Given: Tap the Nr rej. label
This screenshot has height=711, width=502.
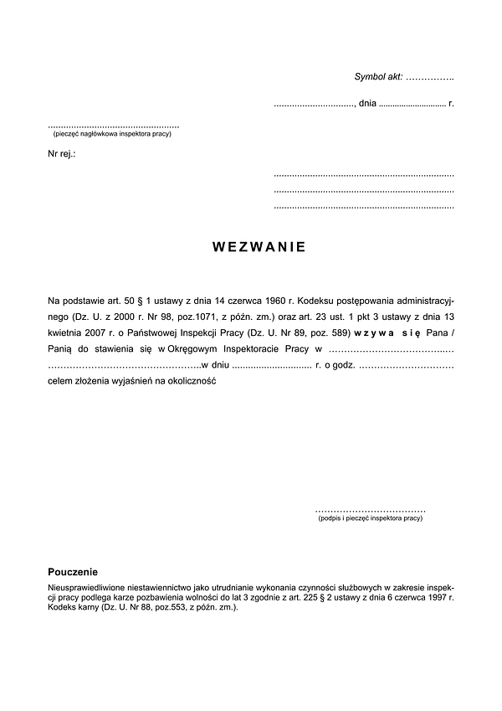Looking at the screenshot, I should pos(62,154).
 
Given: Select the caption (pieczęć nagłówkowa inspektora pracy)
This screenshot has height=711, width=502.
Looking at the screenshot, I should pos(111,134).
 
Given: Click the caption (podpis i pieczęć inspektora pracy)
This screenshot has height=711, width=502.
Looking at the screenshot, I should pos(371,519).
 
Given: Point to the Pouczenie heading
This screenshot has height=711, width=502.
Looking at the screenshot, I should pos(74,571).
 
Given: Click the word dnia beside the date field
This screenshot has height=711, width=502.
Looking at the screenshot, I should pos(367,104).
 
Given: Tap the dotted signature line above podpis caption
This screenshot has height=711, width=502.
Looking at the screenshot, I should pos(371,510).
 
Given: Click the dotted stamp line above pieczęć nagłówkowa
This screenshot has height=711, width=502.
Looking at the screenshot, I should pos(114,126).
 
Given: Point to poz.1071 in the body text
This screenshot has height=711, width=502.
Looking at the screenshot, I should pos(162,317).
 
